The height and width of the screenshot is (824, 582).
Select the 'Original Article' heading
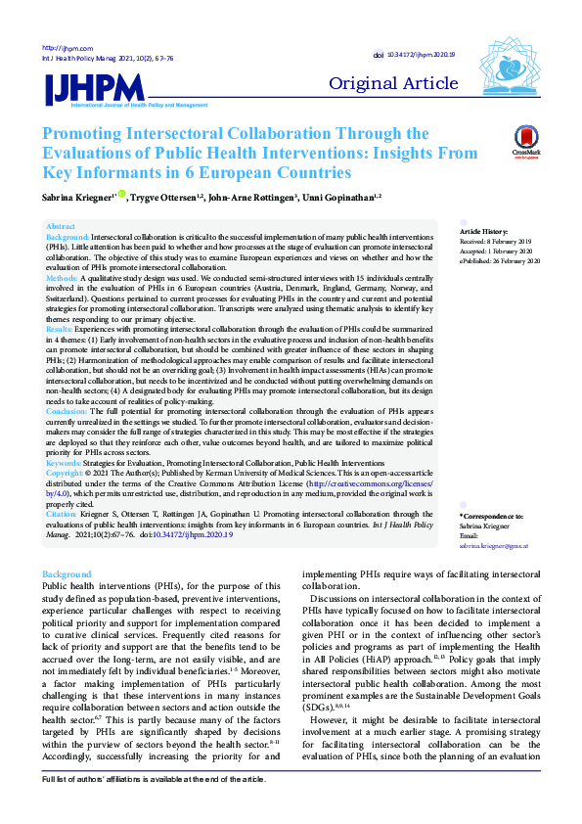[x=400, y=83]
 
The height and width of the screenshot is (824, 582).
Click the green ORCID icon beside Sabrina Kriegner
[x=122, y=195]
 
